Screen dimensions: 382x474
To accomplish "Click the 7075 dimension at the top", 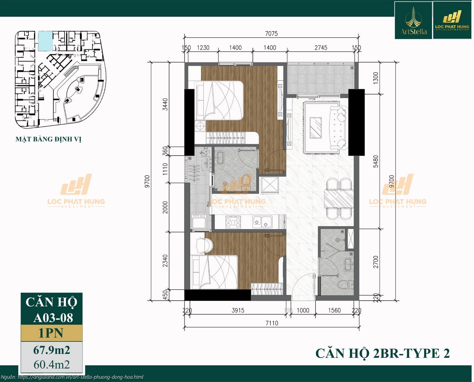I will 271,33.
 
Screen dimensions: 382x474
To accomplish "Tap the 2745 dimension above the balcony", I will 321,48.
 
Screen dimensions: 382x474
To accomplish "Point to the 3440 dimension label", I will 165,104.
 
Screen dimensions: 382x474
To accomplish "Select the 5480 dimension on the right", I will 376,161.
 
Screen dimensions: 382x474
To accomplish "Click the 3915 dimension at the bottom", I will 238,310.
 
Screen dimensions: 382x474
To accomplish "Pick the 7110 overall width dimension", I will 272,323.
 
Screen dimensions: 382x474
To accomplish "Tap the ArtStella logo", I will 413,21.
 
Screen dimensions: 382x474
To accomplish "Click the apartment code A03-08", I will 53,318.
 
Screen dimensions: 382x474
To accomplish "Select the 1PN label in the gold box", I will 51,333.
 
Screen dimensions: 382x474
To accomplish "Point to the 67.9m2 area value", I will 52,350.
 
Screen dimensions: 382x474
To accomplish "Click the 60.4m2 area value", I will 52,365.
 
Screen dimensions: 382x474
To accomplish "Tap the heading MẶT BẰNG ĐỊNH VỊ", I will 48,139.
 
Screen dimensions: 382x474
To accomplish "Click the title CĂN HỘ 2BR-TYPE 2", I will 382,353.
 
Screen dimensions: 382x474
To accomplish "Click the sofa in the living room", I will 338,127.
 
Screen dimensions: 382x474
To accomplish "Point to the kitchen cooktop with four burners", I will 233,222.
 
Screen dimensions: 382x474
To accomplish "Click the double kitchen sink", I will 262,222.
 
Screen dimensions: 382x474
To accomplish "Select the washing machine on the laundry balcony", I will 199,222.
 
